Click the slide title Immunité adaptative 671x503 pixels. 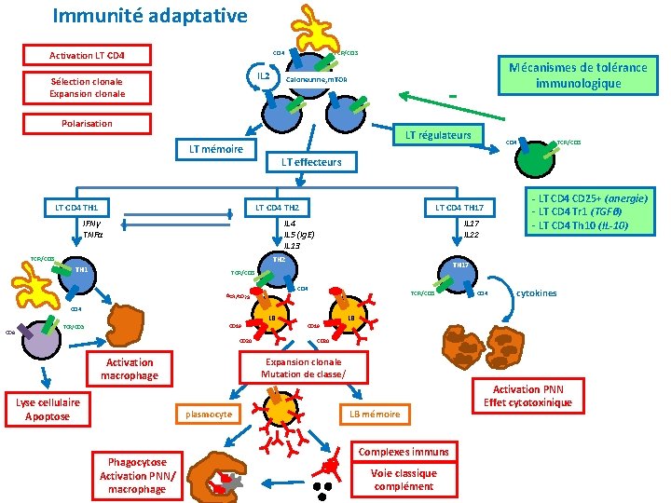coord(150,16)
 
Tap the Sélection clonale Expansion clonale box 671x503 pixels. coord(87,88)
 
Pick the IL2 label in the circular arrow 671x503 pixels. coord(264,75)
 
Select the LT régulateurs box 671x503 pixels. coord(438,136)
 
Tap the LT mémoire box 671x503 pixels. coord(216,149)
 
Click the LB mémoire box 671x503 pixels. coord(375,414)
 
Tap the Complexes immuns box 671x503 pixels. coord(404,452)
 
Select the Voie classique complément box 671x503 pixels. coord(404,480)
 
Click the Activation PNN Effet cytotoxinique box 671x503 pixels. coord(528,396)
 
